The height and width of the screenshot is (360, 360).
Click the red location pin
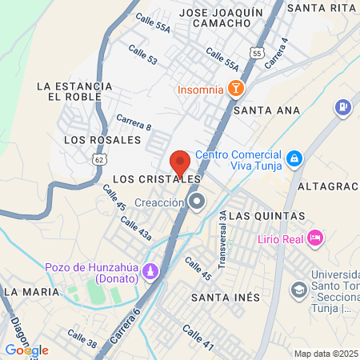tap(180, 162)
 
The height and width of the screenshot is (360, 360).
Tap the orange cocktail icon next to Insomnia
tap(236, 89)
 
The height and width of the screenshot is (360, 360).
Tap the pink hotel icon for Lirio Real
tap(316, 238)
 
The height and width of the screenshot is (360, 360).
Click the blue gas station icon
tap(343, 106)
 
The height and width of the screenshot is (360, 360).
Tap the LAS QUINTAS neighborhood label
tap(272, 216)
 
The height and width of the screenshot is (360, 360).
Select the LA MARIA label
tap(31, 292)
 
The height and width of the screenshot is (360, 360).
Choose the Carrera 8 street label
tap(134, 126)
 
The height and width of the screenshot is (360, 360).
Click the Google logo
tap(26, 350)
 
